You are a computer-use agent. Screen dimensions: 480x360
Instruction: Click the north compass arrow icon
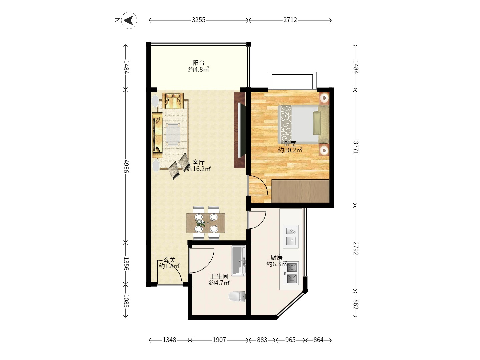tap(129, 20)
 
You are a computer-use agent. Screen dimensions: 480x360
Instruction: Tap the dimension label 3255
tap(199, 20)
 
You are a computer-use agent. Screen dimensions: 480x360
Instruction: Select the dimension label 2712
tap(290, 20)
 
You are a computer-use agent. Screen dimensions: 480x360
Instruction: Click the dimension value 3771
tap(356, 147)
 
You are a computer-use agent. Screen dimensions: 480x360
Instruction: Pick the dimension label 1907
tap(219, 340)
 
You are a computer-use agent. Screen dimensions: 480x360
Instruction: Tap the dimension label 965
tap(290, 340)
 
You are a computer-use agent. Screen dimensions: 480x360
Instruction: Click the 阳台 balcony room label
tap(199, 63)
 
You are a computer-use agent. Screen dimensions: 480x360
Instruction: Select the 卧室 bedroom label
tap(290, 144)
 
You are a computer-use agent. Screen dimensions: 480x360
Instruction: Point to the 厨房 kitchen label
tap(277, 257)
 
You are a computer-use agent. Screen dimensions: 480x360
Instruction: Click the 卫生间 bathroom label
tap(219, 277)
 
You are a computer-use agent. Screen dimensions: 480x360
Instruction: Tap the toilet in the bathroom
tap(237, 296)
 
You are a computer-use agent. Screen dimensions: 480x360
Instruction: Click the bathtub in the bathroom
tap(239, 261)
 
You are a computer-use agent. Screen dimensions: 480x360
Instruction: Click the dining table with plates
tap(206, 223)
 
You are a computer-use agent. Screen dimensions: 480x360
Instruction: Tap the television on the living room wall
tap(242, 130)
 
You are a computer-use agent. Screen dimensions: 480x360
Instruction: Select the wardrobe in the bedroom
tap(300, 191)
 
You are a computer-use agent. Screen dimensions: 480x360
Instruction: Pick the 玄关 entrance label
tap(169, 260)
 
